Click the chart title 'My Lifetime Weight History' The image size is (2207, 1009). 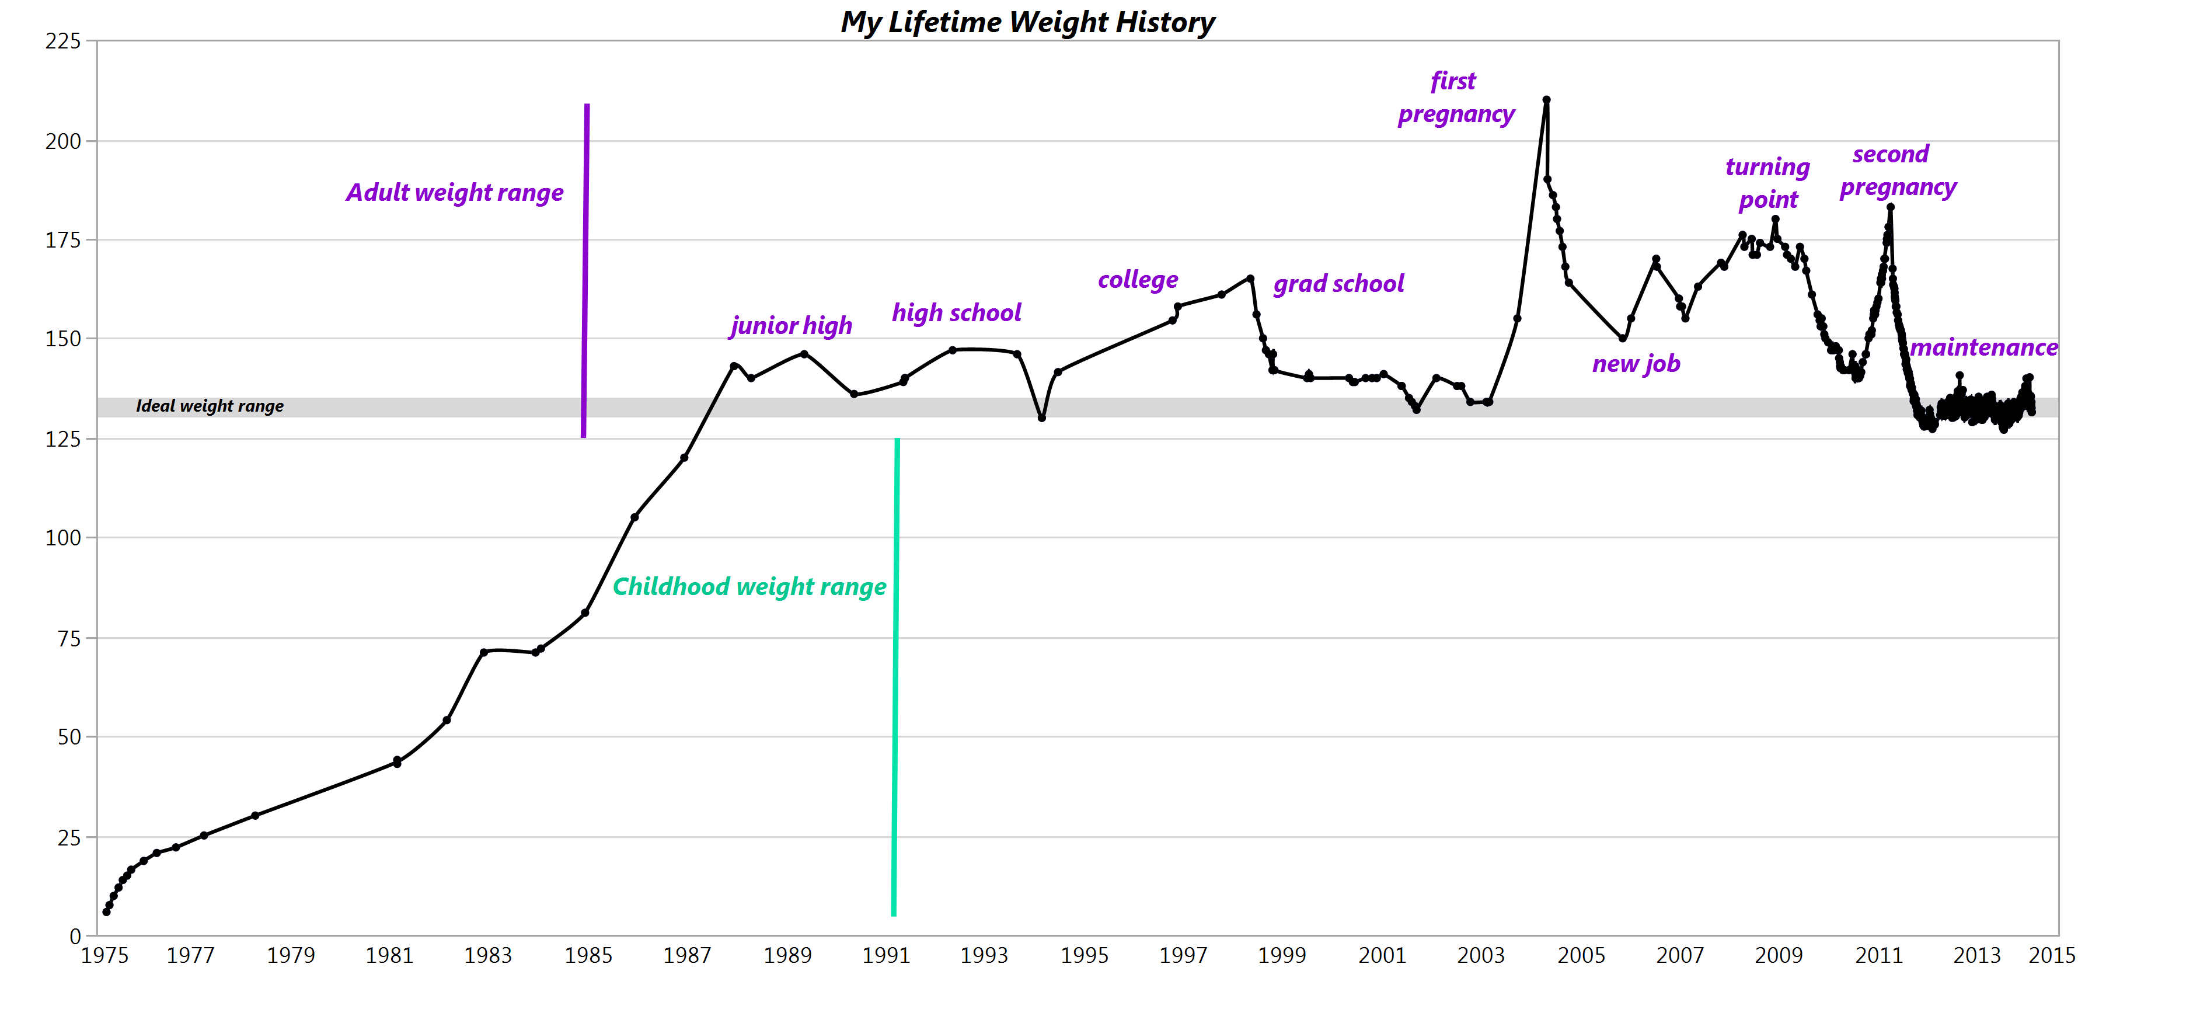pos(1027,22)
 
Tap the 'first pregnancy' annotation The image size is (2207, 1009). pos(1456,97)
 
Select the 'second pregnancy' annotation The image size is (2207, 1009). pos(1898,170)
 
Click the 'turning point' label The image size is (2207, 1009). pos(1767,183)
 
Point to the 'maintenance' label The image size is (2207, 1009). pos(1983,347)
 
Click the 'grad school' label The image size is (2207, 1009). pos(1338,284)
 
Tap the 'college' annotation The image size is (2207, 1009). pos(1138,280)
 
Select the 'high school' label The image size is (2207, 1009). pos(956,313)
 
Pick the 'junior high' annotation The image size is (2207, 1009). pos(791,326)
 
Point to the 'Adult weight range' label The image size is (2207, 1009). pos(455,192)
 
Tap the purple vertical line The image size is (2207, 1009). pos(585,270)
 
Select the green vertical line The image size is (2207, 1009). pos(895,677)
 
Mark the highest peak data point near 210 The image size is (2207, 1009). pos(1546,99)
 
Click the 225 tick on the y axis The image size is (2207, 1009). pos(62,41)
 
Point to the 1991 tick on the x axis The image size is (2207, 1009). pos(886,955)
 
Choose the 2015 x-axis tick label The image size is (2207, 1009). pos(2051,955)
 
